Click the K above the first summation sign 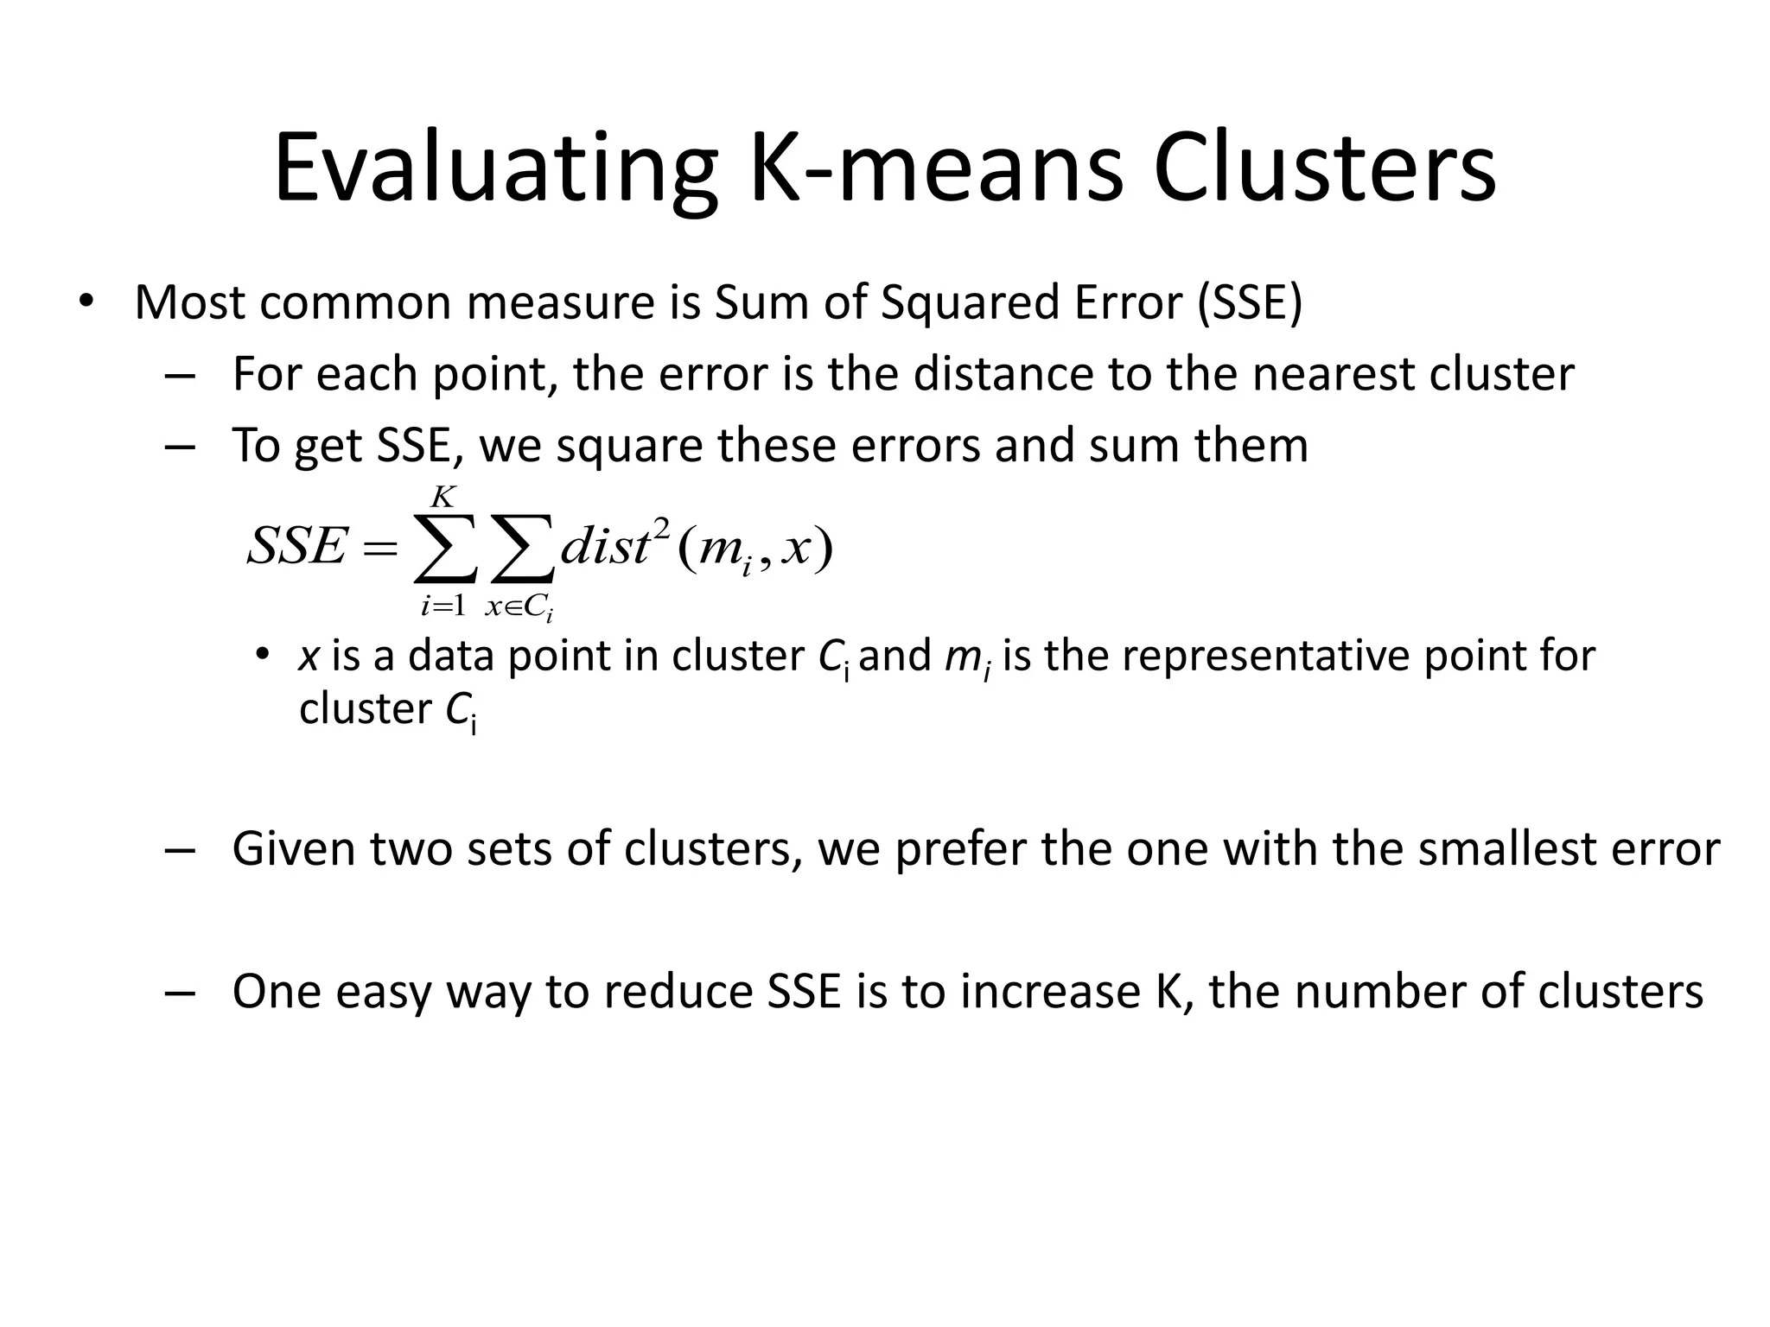(x=442, y=498)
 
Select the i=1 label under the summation (x=442, y=606)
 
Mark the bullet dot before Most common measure (x=85, y=303)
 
